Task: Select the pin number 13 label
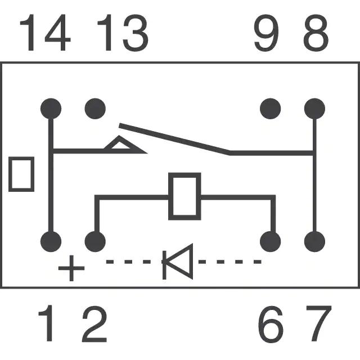(122, 34)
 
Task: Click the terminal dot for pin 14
(51, 107)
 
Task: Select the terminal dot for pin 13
(94, 107)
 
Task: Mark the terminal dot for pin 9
(271, 107)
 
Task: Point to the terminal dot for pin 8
(314, 107)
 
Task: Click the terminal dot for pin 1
(51, 242)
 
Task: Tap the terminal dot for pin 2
(94, 242)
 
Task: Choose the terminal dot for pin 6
(271, 242)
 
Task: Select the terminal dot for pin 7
(314, 242)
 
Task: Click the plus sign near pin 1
(71, 268)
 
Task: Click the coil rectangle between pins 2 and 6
(184, 196)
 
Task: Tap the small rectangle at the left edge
(21, 174)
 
